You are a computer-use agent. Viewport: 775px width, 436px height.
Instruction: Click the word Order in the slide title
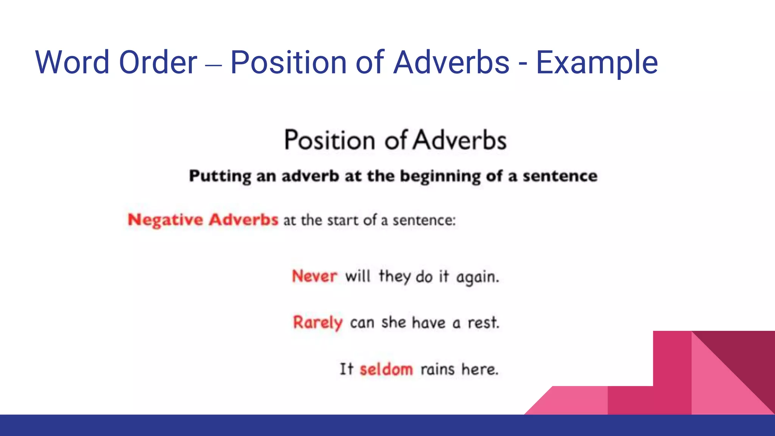[158, 62]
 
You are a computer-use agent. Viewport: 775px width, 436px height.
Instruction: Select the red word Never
[314, 276]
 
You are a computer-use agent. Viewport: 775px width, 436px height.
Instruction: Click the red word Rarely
[317, 323]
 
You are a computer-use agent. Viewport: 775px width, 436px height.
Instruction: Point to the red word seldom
[386, 369]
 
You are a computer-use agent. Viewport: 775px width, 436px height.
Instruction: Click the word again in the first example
[477, 277]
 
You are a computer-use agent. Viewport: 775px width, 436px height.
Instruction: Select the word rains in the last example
[437, 369]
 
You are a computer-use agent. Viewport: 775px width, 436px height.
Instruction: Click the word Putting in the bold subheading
[220, 176]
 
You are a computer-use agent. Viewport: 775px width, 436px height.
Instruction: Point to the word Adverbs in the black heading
[459, 140]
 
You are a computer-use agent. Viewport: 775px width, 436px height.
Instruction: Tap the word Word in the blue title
[72, 62]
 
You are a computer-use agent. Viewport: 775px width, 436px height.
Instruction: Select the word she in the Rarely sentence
[394, 322]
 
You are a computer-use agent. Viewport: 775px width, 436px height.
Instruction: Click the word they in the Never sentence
[394, 277]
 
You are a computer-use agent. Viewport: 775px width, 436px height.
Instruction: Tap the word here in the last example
[479, 369]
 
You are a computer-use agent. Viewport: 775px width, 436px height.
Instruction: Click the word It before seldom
[346, 369]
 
